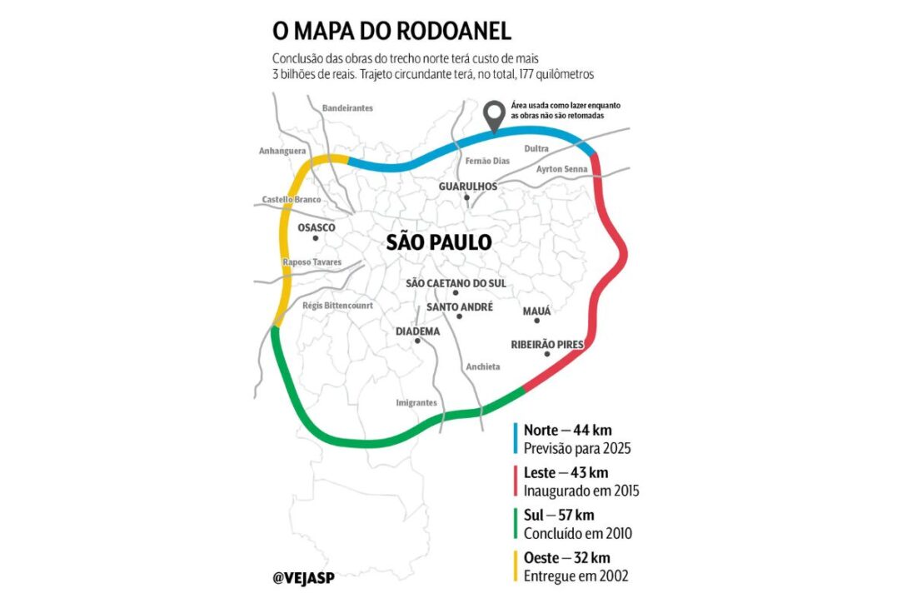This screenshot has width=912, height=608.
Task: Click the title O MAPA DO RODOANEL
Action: coord(391,32)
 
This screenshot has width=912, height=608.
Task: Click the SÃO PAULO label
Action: coord(439,242)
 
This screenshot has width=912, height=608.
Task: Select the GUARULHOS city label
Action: coord(467,186)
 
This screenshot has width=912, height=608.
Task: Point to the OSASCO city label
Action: coord(316,227)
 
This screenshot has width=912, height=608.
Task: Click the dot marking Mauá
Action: coord(537,321)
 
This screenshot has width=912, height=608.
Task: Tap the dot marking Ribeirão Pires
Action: coord(547,355)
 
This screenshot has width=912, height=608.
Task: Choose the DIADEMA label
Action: coord(417,331)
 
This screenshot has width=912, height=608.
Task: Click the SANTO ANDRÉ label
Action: coord(459,307)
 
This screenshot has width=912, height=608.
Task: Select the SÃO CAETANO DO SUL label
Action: coord(456,283)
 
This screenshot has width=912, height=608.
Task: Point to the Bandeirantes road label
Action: coord(347,108)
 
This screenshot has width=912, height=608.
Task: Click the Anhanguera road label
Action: coord(283,151)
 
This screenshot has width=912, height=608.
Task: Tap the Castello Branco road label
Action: coord(292,200)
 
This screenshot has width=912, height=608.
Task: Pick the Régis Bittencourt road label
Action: coord(338,306)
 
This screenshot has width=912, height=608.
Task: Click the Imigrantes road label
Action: coord(416,403)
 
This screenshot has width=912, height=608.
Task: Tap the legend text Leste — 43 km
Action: coord(566,473)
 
